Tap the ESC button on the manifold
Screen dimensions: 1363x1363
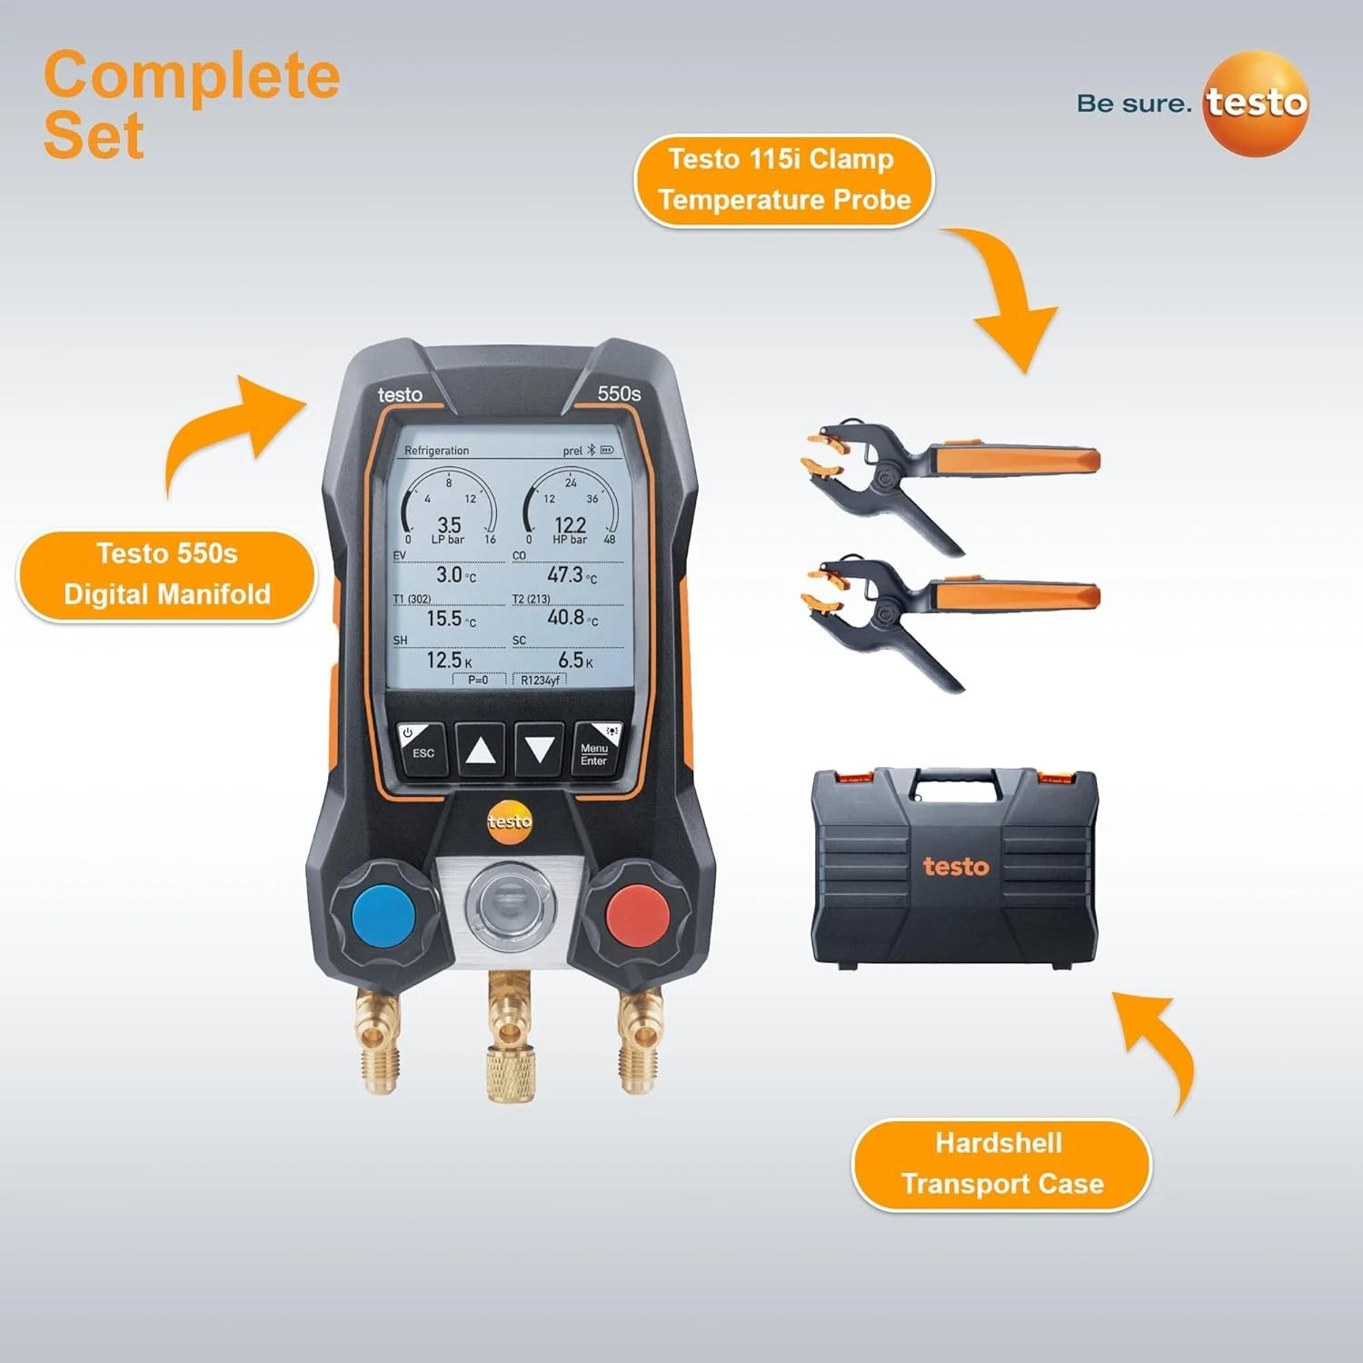click(x=422, y=749)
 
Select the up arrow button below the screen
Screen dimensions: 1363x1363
click(x=480, y=751)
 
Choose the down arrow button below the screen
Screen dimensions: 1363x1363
click(x=540, y=751)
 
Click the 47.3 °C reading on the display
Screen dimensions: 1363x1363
click(x=572, y=575)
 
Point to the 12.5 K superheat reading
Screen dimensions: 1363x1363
click(x=449, y=660)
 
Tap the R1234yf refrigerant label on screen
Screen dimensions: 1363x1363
click(x=540, y=680)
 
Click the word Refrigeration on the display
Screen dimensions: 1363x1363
click(x=436, y=451)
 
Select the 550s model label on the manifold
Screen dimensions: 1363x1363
click(x=619, y=393)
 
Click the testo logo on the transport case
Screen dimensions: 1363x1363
click(x=956, y=866)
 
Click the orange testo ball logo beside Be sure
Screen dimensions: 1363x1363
click(x=1257, y=104)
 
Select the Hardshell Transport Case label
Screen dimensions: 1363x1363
click(x=1001, y=1164)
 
